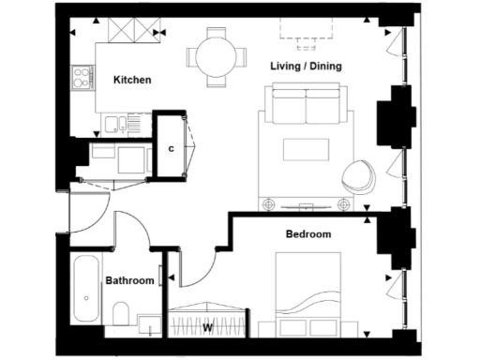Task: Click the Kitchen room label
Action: point(132,81)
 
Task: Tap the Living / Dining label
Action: point(306,67)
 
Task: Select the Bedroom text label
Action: point(308,233)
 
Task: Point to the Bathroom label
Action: point(129,280)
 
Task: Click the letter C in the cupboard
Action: point(172,148)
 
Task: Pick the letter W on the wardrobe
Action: point(207,328)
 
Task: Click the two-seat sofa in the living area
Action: point(306,106)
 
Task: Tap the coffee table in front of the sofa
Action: point(305,149)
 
